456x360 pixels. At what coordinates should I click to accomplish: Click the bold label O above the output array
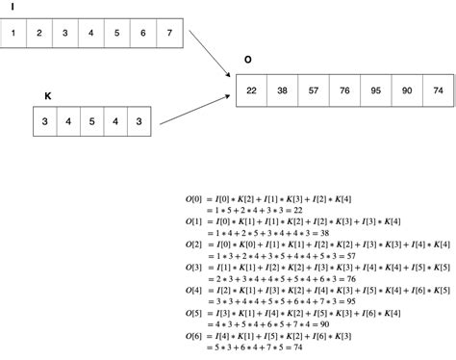(x=247, y=60)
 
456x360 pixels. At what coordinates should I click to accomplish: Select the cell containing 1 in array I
(x=13, y=33)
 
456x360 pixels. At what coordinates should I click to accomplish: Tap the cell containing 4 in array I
(x=90, y=33)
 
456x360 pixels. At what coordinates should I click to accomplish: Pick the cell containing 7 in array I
(x=168, y=33)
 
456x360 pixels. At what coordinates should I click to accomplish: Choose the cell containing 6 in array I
(x=142, y=33)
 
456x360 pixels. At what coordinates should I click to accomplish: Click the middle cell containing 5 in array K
(x=90, y=122)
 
